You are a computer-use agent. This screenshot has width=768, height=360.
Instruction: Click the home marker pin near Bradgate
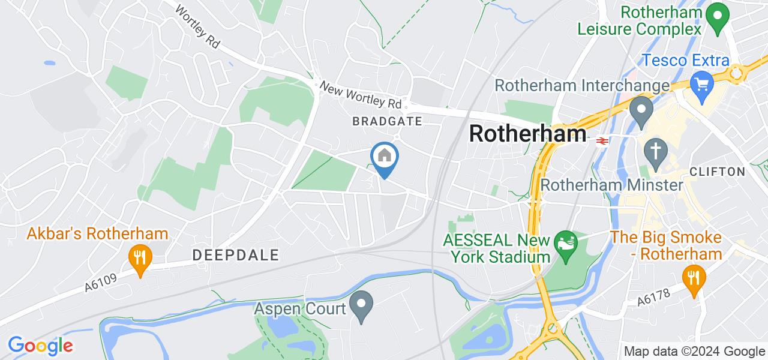pyautogui.click(x=384, y=157)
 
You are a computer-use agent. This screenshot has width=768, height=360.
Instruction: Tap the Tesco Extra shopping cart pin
pyautogui.click(x=700, y=82)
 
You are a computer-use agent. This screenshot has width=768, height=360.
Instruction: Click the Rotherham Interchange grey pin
pyautogui.click(x=641, y=110)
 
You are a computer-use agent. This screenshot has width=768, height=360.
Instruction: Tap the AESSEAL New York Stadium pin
pyautogui.click(x=565, y=244)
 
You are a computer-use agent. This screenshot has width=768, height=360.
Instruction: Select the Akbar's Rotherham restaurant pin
pyautogui.click(x=140, y=259)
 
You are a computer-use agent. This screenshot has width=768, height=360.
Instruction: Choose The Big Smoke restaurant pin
pyautogui.click(x=694, y=278)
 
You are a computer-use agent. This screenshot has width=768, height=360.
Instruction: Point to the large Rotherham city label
pyautogui.click(x=527, y=133)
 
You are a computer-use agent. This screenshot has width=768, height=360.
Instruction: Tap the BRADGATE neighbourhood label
pyautogui.click(x=387, y=121)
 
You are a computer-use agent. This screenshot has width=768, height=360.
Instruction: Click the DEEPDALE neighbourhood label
pyautogui.click(x=236, y=255)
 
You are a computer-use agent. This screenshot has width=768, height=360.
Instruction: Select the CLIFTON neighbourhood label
pyautogui.click(x=718, y=172)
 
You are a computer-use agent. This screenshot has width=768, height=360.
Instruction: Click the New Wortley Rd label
pyautogui.click(x=364, y=96)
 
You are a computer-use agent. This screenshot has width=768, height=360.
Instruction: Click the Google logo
pyautogui.click(x=40, y=346)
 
